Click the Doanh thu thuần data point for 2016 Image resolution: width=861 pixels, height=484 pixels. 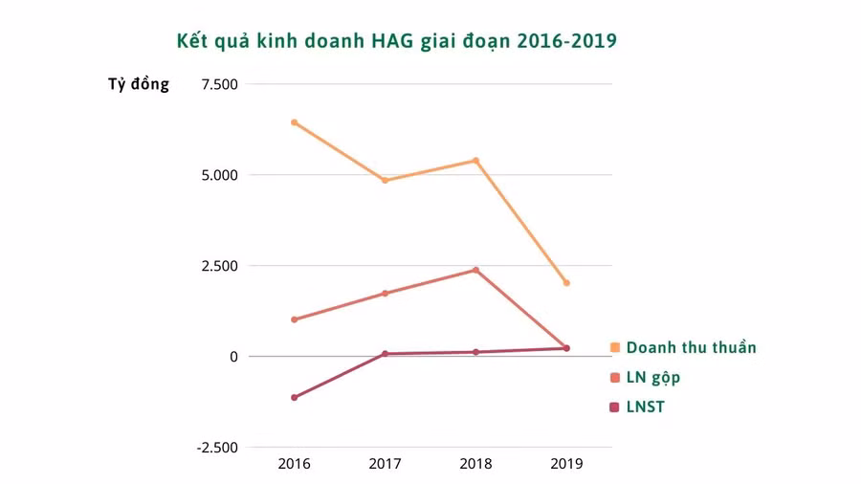point(294,122)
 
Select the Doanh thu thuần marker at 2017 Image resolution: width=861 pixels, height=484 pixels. point(385,180)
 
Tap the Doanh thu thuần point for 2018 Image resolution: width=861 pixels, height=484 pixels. point(475,161)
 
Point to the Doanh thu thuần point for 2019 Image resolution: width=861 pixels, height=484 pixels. point(566,283)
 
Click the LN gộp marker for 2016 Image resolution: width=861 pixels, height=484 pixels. point(294,319)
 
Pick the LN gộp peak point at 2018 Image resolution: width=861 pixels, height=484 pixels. point(475,270)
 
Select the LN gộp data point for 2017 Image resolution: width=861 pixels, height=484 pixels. point(385,293)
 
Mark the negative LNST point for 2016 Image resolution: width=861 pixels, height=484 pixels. point(294,397)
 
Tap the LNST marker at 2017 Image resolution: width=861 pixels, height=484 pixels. point(385,354)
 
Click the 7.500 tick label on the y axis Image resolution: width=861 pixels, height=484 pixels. point(218,84)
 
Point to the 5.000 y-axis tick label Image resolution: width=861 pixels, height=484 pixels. point(218,175)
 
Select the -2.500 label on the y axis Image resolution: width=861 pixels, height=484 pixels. point(215,447)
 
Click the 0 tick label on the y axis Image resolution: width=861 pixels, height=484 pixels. point(232,356)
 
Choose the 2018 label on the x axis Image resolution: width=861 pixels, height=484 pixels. point(475,464)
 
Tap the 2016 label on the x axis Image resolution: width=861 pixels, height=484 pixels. point(294,464)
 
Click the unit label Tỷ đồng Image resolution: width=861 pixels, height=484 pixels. point(139,84)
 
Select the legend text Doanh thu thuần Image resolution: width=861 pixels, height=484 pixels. point(691,347)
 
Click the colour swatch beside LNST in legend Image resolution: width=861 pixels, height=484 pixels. point(614,407)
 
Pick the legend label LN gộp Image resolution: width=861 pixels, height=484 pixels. point(653,378)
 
